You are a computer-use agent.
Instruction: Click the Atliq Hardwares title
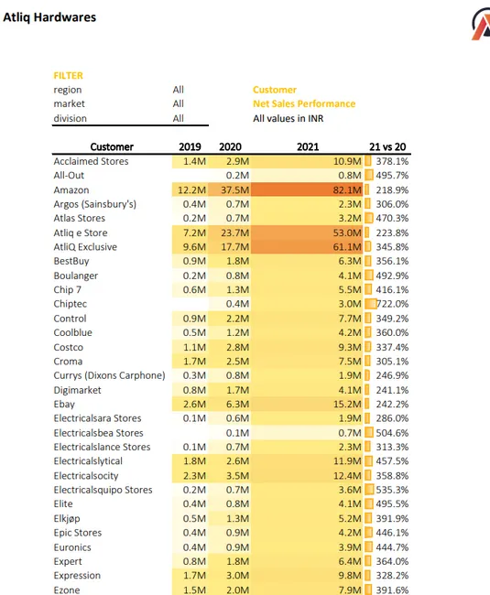coord(49,17)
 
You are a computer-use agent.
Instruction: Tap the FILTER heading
coord(69,75)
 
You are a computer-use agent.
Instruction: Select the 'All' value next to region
coord(178,90)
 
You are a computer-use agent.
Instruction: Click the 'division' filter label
coord(71,118)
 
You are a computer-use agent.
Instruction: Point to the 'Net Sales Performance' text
coord(304,104)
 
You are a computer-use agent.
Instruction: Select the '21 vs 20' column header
coord(387,146)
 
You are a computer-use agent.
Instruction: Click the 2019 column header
coord(191,146)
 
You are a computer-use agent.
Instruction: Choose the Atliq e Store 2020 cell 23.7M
coord(231,233)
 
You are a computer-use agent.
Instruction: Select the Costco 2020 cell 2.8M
coord(233,347)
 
